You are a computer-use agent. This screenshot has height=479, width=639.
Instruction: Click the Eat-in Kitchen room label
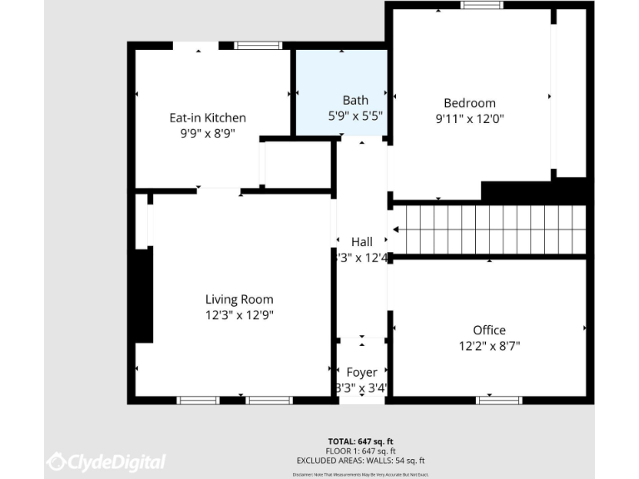207,117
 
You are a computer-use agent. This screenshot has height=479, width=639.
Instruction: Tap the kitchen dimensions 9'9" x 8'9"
207,132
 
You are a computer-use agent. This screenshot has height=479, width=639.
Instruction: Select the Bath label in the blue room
355,101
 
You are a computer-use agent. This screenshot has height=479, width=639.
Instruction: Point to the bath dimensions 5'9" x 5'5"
355,116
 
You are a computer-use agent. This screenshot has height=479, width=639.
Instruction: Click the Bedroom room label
470,103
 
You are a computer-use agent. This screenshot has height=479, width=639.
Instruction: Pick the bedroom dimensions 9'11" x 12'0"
470,118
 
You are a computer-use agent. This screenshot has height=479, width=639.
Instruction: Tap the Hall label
361,242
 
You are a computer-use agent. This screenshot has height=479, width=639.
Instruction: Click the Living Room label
239,299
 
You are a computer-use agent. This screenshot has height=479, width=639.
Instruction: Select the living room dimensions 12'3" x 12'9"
239,314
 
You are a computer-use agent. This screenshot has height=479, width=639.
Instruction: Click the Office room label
489,330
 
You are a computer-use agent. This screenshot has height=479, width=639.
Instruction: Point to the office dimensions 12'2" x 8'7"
489,345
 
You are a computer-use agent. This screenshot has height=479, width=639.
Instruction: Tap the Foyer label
361,372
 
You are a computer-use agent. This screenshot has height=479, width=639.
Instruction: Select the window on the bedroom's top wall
483,5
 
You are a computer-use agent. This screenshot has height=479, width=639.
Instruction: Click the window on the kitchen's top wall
246,46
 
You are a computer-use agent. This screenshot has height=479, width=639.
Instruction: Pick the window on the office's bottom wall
498,400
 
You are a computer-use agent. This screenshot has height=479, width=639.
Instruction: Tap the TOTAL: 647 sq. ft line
360,441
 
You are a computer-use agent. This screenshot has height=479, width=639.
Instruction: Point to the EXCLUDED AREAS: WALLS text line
360,460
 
